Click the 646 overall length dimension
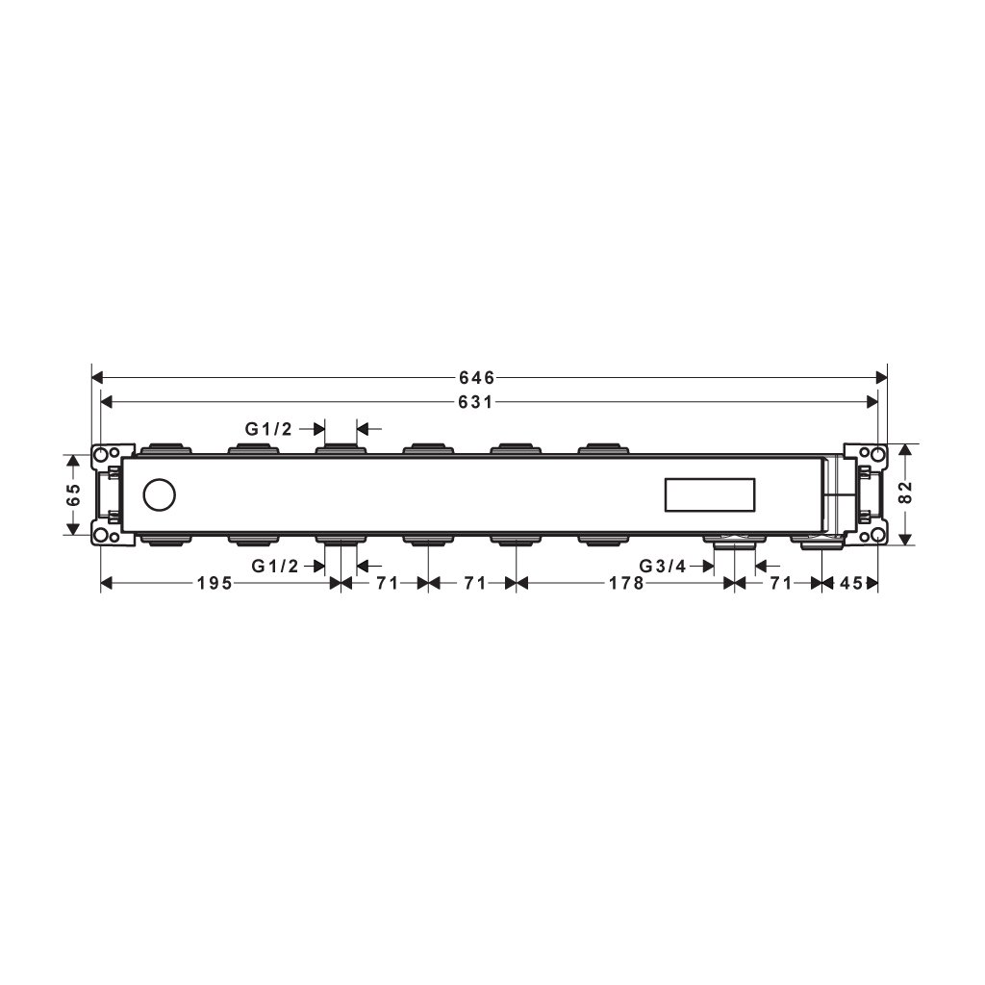click(477, 377)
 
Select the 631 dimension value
click(475, 402)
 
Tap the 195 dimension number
click(215, 584)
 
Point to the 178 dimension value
click(626, 584)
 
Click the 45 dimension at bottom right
click(851, 584)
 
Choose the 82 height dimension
click(904, 492)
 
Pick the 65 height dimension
click(73, 495)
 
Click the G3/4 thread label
click(663, 566)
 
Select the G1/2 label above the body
click(268, 429)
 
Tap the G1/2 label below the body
click(274, 566)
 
